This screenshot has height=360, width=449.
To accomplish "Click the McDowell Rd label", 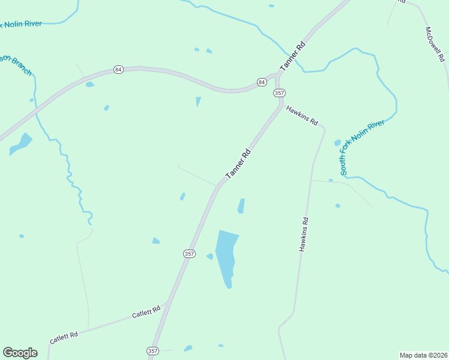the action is click(x=435, y=44).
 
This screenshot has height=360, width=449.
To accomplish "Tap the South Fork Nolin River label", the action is click(x=362, y=148).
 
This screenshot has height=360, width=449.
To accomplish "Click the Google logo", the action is click(x=20, y=352).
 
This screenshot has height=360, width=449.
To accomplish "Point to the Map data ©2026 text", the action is click(x=423, y=355).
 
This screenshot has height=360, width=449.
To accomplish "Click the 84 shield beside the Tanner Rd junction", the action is click(x=262, y=82).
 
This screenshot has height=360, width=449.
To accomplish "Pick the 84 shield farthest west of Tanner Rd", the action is click(x=118, y=70).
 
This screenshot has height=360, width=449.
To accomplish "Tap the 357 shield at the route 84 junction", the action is click(x=279, y=93).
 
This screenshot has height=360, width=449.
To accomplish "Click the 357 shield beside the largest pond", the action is click(x=189, y=254).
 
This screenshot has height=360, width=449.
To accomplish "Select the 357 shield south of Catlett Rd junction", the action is click(x=152, y=350).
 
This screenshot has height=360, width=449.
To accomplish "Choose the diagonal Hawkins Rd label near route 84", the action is click(x=302, y=114).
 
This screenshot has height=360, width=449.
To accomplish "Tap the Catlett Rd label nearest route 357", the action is click(x=146, y=312).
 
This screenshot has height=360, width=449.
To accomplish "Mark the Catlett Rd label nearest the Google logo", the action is click(x=64, y=338).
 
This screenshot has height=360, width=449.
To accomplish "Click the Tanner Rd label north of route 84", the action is click(x=292, y=56).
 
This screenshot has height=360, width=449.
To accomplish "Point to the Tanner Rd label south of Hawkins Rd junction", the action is click(x=238, y=164).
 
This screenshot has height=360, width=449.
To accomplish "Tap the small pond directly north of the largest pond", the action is click(x=241, y=206).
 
